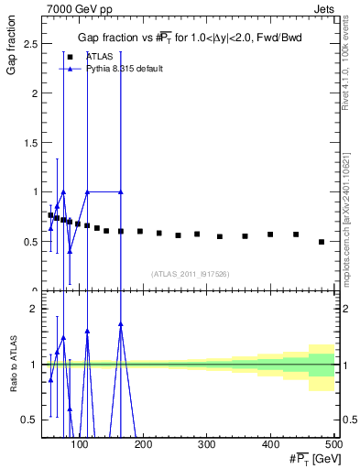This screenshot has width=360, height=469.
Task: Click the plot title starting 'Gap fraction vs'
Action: [189, 38]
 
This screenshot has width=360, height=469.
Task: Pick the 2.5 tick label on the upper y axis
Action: [30, 44]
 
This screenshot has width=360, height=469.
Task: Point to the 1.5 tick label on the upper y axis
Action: [30, 142]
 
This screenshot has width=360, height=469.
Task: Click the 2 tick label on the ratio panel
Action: [34, 309]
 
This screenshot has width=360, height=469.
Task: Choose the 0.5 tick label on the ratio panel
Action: [30, 420]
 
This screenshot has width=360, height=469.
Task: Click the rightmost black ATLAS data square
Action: [321, 242]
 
